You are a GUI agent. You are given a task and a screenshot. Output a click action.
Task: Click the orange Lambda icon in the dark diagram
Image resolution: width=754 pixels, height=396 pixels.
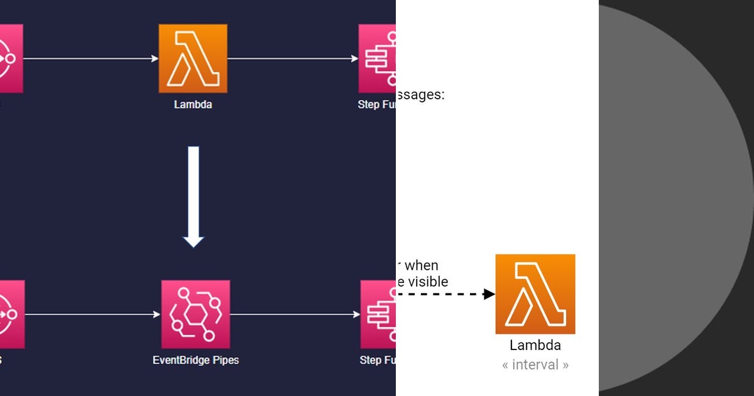point(193,58)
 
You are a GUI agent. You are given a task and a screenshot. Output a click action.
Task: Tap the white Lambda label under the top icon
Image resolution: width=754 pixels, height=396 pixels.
point(193,104)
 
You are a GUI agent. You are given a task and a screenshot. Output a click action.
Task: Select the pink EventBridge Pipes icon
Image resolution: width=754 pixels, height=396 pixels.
point(195,314)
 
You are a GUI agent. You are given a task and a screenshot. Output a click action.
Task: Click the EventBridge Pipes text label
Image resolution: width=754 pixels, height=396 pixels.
point(195,360)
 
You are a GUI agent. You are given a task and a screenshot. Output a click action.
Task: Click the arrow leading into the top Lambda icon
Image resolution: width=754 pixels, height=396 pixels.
point(91,58)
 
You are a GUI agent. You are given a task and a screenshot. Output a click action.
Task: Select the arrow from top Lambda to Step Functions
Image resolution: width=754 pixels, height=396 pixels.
point(292,58)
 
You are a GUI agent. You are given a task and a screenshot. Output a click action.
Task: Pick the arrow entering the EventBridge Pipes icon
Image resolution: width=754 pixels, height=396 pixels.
point(93,314)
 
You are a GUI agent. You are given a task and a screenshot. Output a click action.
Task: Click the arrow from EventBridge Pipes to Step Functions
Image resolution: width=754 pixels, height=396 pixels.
point(295,314)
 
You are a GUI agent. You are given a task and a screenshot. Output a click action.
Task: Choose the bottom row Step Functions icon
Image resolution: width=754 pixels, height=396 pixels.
point(378,314)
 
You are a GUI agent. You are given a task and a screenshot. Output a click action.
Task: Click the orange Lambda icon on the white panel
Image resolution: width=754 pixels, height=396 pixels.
point(535,294)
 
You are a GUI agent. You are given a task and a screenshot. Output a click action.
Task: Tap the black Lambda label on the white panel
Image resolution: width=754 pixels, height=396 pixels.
point(535,345)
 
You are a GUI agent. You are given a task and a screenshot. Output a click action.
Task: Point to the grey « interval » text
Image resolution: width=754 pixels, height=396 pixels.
point(535,365)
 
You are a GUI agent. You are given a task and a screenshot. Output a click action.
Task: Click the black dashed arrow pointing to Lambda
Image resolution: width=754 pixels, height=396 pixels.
point(446,294)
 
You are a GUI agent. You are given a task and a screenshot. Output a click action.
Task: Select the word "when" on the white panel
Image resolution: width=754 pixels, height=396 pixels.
point(421,265)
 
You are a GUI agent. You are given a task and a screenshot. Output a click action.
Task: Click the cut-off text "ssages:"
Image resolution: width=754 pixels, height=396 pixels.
point(420,95)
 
